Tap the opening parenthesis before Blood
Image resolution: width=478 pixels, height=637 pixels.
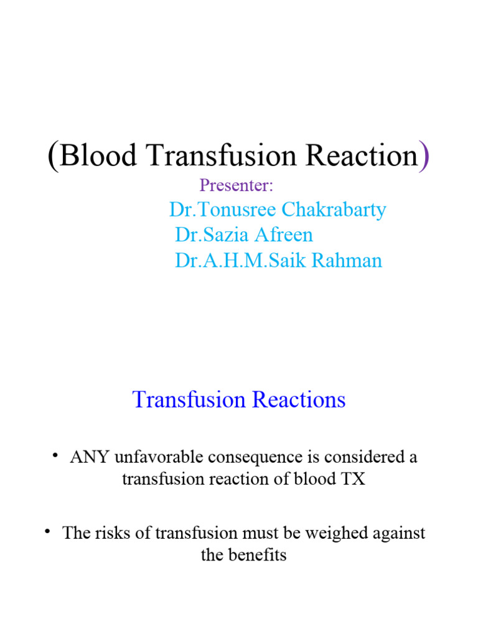click(54, 156)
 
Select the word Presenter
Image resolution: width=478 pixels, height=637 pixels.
click(237, 185)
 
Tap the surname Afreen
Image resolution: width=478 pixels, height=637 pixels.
click(284, 235)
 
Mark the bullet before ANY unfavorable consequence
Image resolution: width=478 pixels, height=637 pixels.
click(56, 456)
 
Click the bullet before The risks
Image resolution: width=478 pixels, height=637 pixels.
click(48, 532)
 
